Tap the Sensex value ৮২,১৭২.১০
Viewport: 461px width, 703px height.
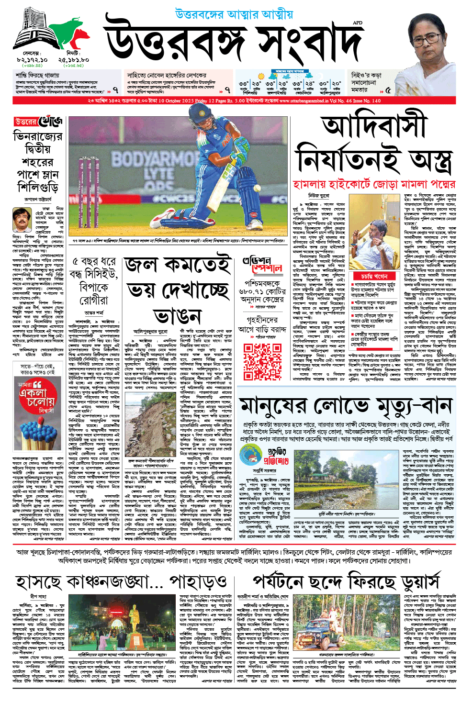(32, 60)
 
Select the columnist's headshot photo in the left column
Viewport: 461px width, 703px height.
(22, 220)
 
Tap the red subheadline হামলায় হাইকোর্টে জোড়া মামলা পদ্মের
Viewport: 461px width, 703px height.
(373, 184)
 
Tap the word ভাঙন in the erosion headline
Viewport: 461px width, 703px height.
(178, 316)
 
